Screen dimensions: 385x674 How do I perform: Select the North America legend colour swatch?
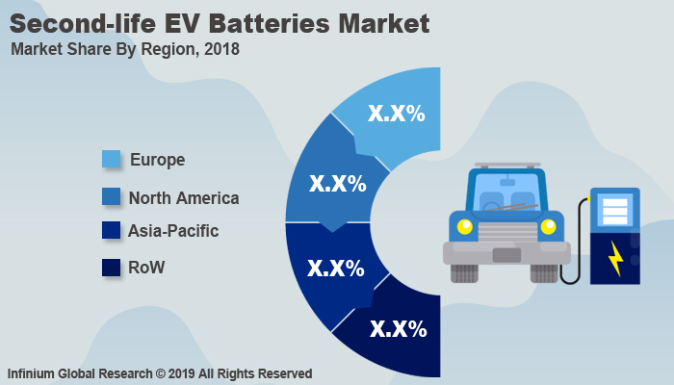coord(113,197)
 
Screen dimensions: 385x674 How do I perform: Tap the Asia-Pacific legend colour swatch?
coord(113,231)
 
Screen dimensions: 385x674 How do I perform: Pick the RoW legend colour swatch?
coord(113,267)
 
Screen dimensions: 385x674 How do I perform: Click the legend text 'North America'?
coord(183,198)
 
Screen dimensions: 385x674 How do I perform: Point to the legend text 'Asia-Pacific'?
coord(173,231)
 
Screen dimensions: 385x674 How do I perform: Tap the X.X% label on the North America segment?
coord(336,183)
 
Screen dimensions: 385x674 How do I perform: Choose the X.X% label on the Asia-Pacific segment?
coord(336,269)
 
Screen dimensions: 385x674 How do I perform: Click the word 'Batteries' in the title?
coord(259,21)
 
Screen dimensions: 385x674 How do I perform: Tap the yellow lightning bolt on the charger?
coord(615,257)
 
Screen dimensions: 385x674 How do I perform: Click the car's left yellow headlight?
coord(465,227)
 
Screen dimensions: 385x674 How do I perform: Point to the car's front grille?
coord(506,232)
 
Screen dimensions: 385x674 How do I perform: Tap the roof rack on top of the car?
coord(506,166)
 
